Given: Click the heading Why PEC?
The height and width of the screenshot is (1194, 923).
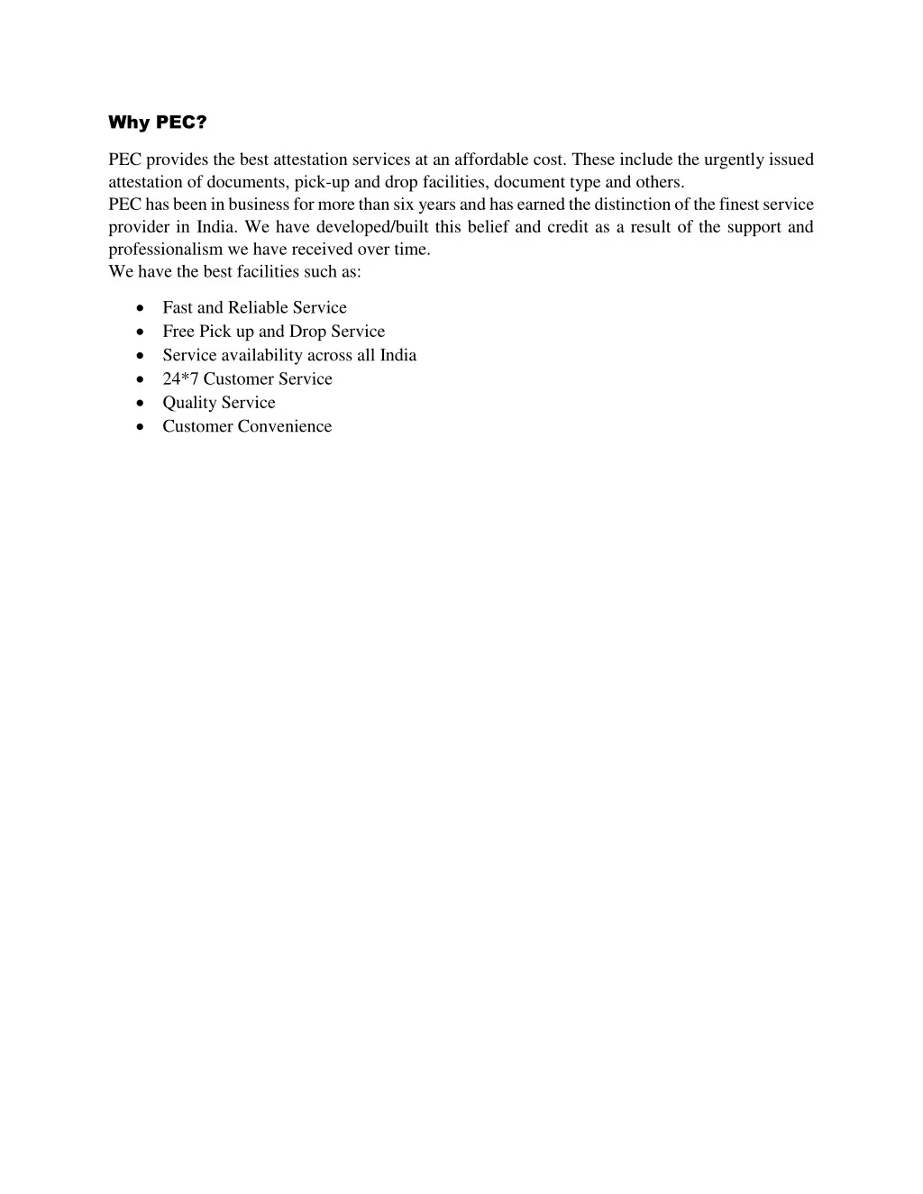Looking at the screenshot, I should (157, 122).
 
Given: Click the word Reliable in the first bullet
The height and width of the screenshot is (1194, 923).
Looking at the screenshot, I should (258, 307).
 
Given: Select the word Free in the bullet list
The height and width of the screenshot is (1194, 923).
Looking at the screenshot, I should (178, 332).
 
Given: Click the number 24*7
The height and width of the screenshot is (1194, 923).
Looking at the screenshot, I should (180, 379).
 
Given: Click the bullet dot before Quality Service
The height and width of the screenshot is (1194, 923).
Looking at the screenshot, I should (140, 404).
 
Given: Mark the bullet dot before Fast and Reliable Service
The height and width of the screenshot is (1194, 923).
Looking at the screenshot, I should (140, 308).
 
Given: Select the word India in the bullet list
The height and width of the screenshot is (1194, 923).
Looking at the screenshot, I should (398, 355).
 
